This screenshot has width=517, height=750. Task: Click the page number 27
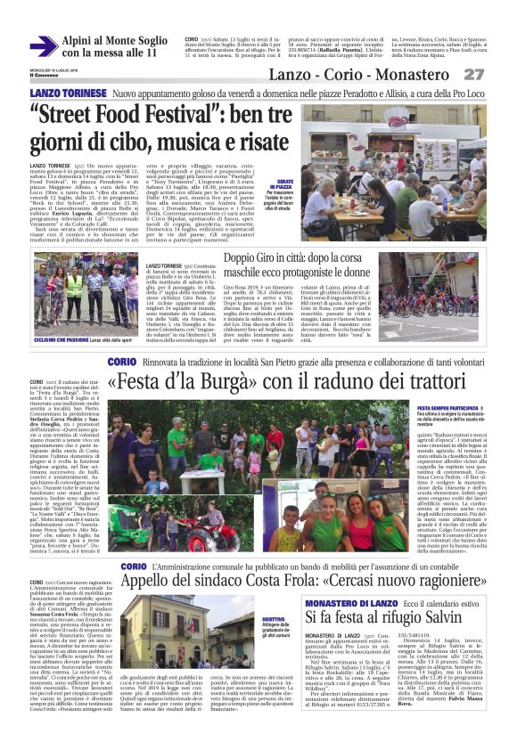473,75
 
